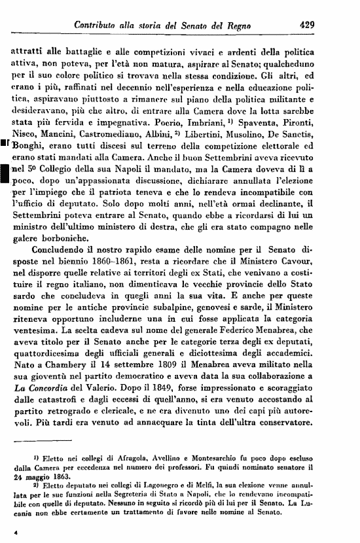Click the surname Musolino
264,143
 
